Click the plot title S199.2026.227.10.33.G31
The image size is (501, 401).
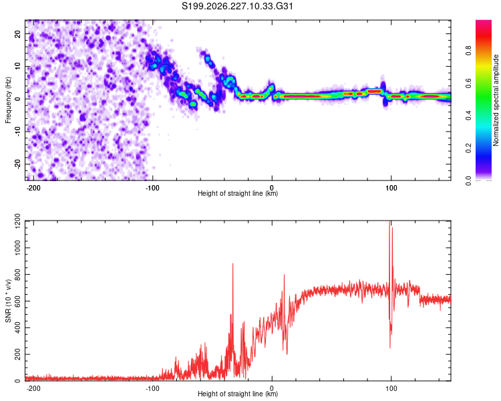coord(237,6)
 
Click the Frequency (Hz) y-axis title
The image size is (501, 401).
coord(8,100)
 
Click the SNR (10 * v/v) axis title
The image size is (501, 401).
coord(8,301)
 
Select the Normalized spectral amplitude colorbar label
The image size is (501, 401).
coord(496,100)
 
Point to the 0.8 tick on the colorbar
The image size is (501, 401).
coord(468,51)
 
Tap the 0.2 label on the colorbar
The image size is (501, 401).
coord(468,148)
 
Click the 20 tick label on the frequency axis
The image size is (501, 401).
coord(17,34)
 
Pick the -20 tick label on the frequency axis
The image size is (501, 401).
coord(17,164)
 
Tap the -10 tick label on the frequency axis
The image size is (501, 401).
coord(17,132)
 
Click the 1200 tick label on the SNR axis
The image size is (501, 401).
coord(17,221)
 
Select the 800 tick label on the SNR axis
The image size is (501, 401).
coord(17,275)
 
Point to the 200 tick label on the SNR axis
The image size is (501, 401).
coord(17,354)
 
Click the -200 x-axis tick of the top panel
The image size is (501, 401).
coord(33,188)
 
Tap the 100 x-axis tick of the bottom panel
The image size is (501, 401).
coord(391,388)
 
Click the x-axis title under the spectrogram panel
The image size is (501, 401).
coord(238,193)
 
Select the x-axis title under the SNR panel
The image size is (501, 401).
coord(238,394)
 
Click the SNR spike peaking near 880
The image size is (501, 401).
coord(232,264)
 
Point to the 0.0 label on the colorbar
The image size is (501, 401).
coord(468,180)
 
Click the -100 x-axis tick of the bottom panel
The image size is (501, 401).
coord(152,388)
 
